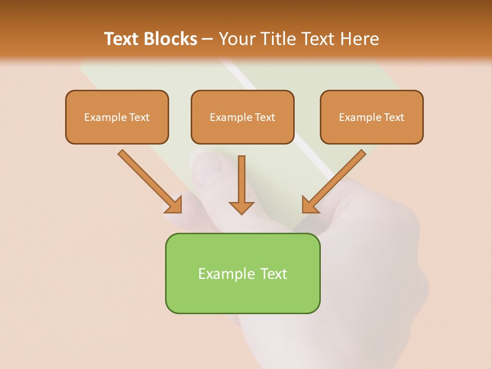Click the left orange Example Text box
click(x=117, y=117)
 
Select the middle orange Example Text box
click(x=242, y=117)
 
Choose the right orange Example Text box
click(x=372, y=117)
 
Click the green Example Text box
click(x=242, y=273)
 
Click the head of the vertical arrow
click(x=241, y=207)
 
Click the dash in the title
click(x=208, y=39)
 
